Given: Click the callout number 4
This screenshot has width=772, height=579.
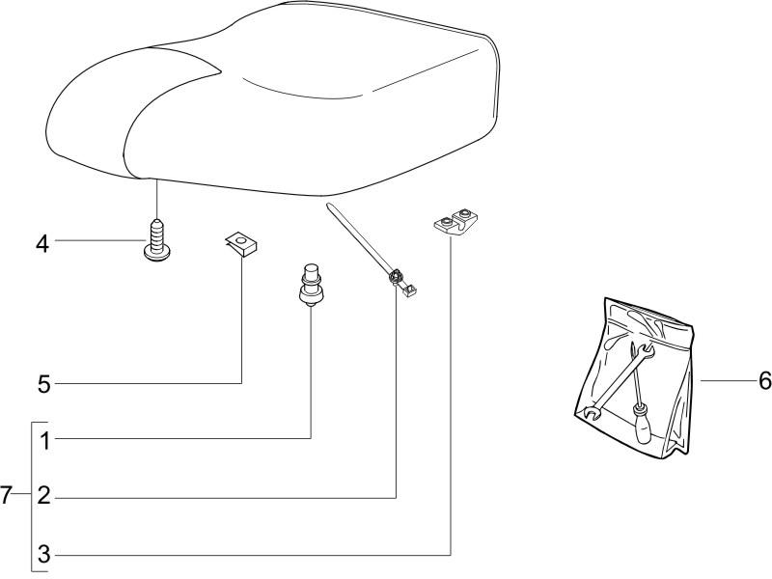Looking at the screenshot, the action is (42, 244).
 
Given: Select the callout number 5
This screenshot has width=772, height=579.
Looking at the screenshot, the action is (44, 384).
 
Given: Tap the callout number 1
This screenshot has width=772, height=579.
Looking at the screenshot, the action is (45, 442).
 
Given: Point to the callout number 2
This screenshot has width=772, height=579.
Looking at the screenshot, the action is (44, 495).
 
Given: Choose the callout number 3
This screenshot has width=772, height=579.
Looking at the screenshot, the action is (44, 554).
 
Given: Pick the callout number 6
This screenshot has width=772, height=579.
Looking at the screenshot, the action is (764, 380).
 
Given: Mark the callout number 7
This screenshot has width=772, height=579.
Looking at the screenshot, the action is (6, 495).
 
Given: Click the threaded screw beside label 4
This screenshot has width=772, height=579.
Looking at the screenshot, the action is (156, 240).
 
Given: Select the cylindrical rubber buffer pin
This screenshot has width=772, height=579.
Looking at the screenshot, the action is (310, 286).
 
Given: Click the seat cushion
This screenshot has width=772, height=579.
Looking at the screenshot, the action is (273, 98).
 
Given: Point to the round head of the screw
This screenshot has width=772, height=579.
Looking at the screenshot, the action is (156, 255).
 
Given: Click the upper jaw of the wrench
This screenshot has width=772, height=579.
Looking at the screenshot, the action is (646, 350).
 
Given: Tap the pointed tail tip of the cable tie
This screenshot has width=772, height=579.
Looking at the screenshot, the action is (327, 205).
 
